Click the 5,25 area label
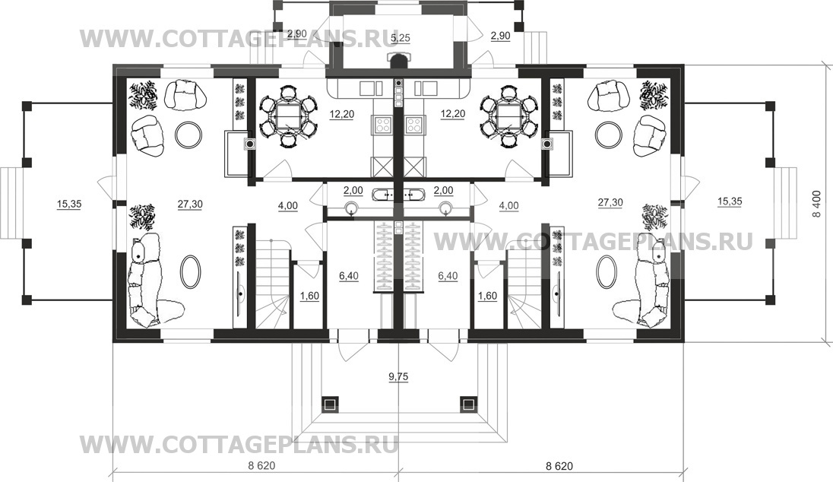coord(400,38)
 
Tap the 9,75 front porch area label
coord(398,377)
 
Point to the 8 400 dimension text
coord(822,204)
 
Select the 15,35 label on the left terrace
coord(68,203)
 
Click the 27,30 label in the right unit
coord(610,202)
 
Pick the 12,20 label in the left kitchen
coord(341,114)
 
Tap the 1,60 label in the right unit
coord(487,296)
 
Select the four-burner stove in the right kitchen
coord(414,125)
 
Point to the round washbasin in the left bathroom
coord(352,209)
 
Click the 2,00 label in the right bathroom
coord(444,191)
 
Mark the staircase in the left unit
coord(273,284)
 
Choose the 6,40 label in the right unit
coord(448,276)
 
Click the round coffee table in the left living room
coord(188,135)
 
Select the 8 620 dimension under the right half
coord(559,466)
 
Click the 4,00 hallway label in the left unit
coord(287,206)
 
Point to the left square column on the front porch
coord(329,404)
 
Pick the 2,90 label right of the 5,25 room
coord(500,36)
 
